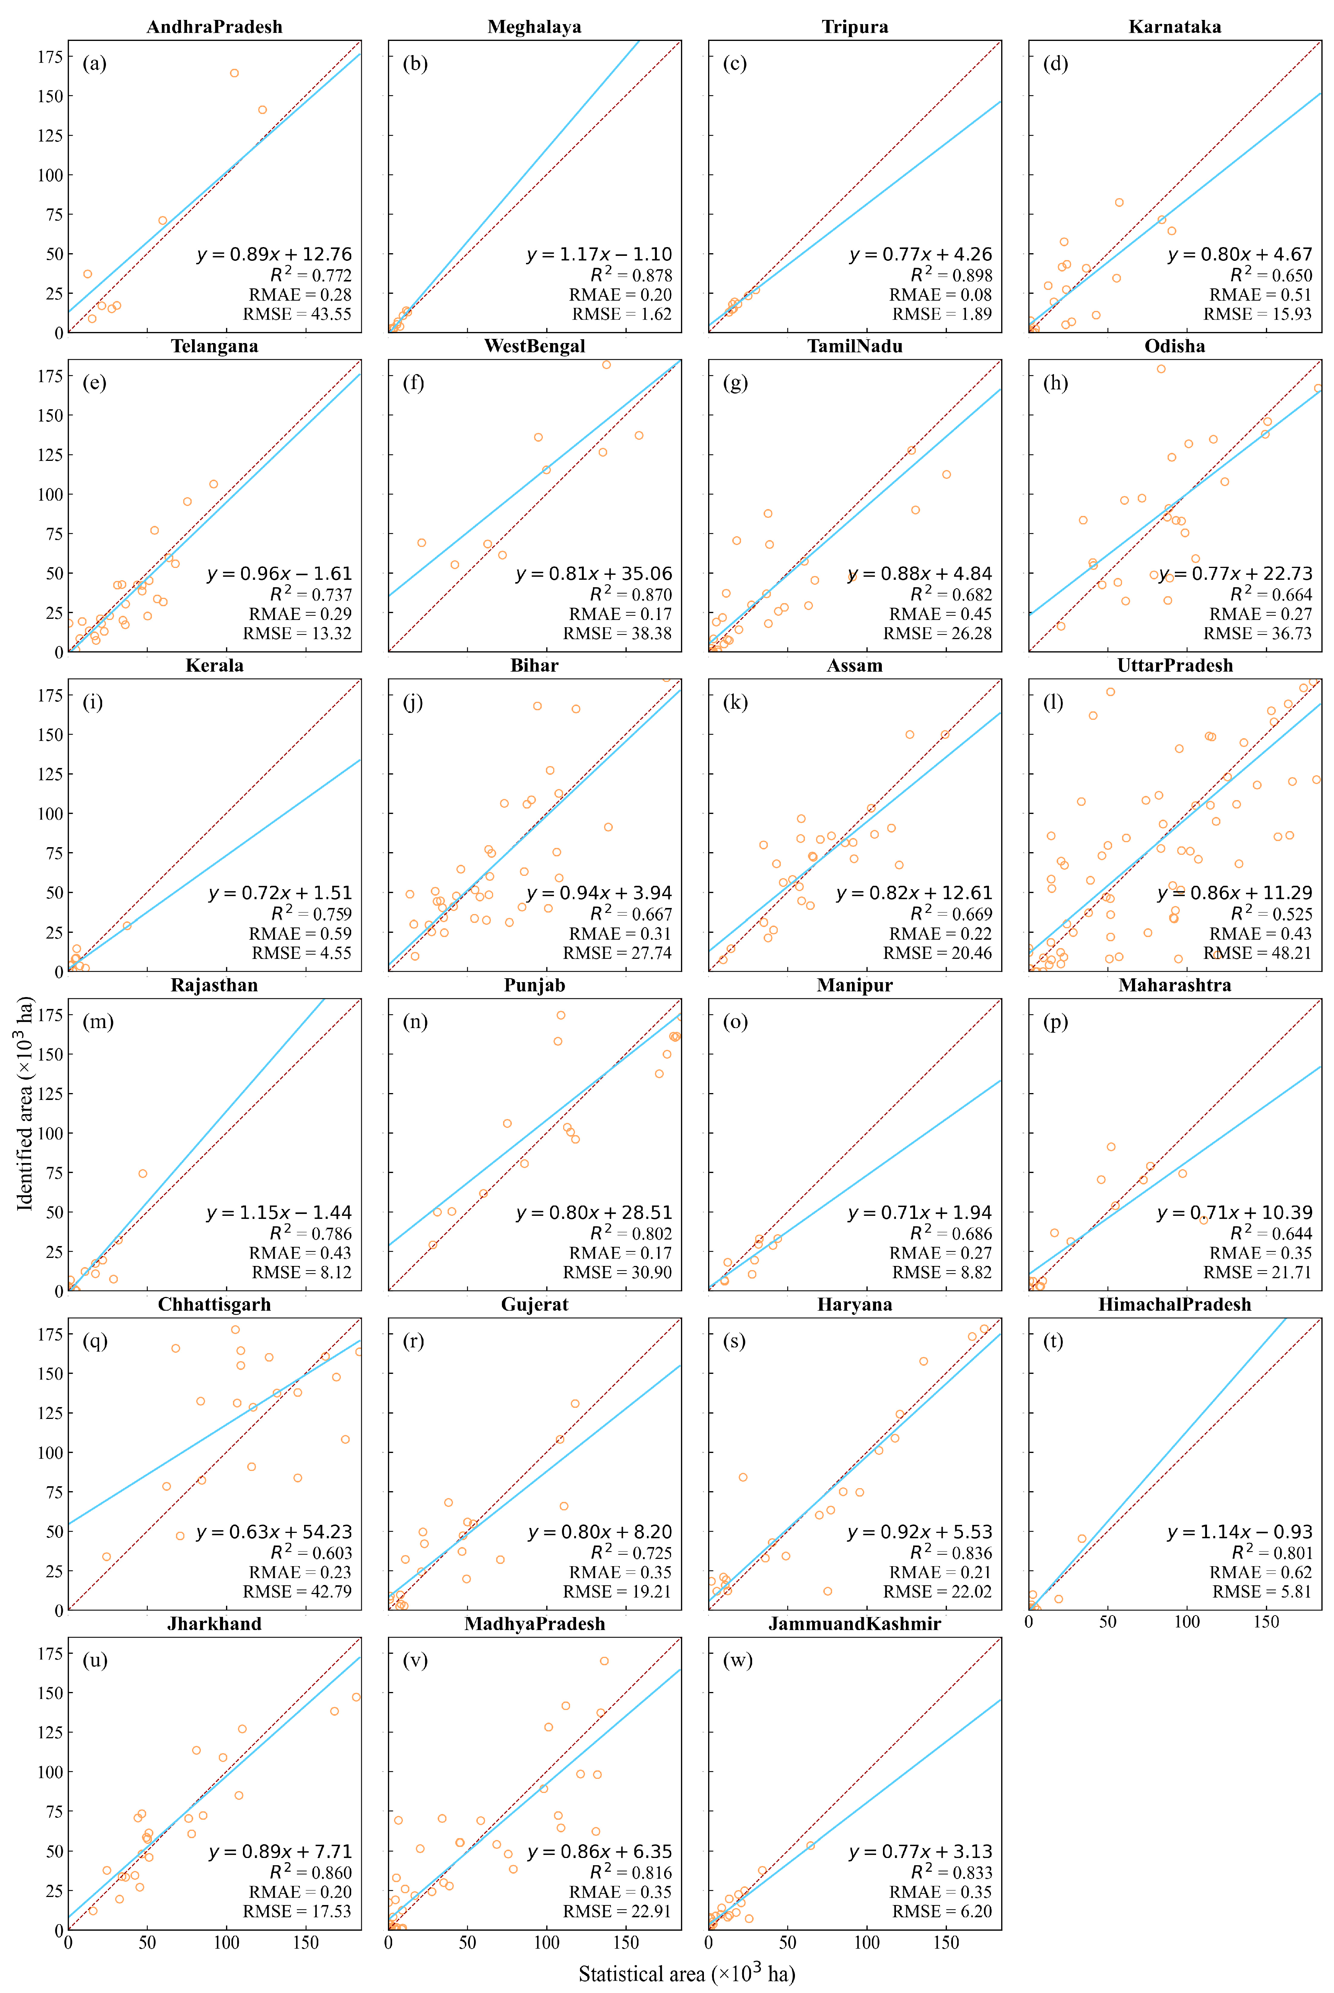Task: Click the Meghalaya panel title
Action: coord(534,26)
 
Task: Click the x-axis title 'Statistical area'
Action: coord(687,1973)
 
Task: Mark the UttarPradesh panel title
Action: coord(1175,665)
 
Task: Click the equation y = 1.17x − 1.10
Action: coord(599,254)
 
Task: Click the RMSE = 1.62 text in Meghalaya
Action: coord(622,314)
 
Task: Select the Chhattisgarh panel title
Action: coord(214,1304)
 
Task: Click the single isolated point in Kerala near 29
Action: coord(127,926)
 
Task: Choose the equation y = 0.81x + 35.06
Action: coord(594,574)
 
